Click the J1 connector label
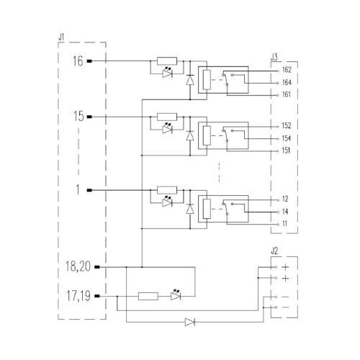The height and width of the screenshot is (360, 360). (61, 37)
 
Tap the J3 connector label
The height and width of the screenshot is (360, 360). (274, 58)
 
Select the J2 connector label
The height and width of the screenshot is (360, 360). (274, 251)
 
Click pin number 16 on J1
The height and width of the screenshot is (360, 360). (78, 61)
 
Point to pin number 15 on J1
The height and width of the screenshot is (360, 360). (78, 117)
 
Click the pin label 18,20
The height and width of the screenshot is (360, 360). (78, 266)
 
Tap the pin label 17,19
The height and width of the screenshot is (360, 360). (78, 296)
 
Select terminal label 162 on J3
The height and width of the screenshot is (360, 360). (287, 70)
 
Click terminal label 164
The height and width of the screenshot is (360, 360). (287, 83)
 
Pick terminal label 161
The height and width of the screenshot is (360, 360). (287, 94)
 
